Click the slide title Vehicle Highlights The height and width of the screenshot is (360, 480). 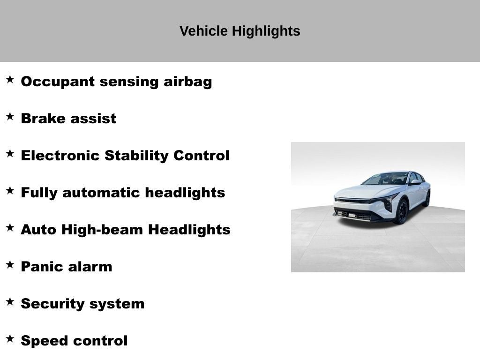(x=240, y=31)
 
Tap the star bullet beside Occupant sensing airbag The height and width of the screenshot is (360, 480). (x=10, y=80)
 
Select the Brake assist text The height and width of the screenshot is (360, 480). (x=68, y=119)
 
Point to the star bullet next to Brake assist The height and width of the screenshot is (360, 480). (x=10, y=117)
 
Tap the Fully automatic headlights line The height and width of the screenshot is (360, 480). (x=123, y=193)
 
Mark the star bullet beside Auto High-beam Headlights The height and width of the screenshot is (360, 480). (x=10, y=228)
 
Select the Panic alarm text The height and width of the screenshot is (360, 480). (x=67, y=267)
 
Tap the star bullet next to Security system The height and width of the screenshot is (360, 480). (x=10, y=302)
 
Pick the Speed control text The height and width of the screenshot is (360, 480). (x=74, y=341)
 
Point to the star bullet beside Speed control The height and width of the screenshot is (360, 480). (x=10, y=339)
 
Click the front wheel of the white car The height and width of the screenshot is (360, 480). (x=402, y=212)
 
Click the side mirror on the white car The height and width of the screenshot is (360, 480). (x=414, y=182)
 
